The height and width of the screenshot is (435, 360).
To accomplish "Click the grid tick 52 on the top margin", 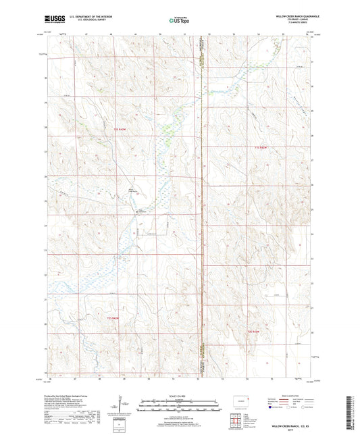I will coord(209,33).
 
